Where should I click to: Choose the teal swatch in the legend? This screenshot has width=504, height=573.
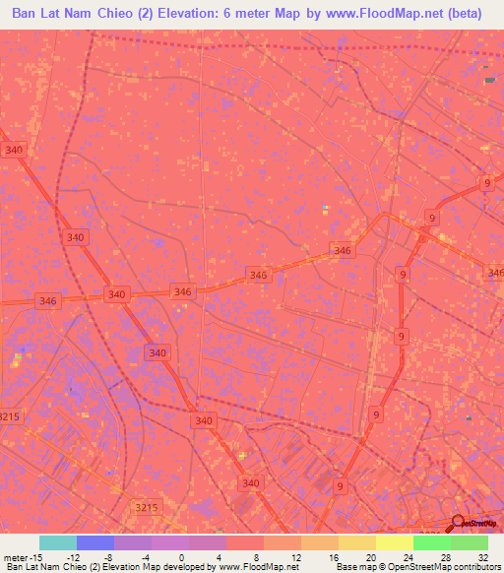click(58, 542)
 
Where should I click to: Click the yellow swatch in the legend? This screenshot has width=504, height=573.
click(394, 542)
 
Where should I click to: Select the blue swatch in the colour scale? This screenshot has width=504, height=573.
click(95, 542)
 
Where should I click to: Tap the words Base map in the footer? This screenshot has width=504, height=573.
click(355, 568)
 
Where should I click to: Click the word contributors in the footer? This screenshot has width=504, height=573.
click(472, 568)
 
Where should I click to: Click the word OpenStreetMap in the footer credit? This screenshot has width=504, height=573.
click(417, 568)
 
